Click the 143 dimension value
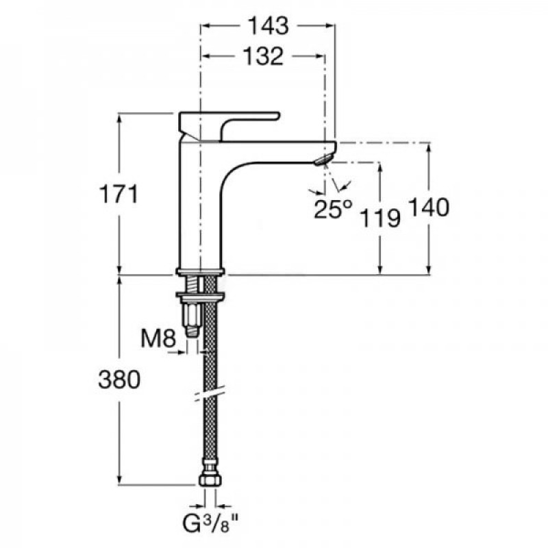tap(269, 25)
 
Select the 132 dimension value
tap(263, 56)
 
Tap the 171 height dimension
tap(119, 194)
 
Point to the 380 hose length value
tap(119, 379)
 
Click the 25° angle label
tap(332, 209)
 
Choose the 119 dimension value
tap(380, 218)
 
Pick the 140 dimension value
tap(429, 208)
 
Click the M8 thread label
tap(158, 338)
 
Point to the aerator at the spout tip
tap(323, 160)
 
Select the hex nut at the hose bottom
tap(210, 480)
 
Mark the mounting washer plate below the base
tap(200, 297)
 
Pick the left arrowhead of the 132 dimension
tap(206, 56)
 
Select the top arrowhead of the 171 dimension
tap(119, 118)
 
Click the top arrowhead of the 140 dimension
tap(429, 147)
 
